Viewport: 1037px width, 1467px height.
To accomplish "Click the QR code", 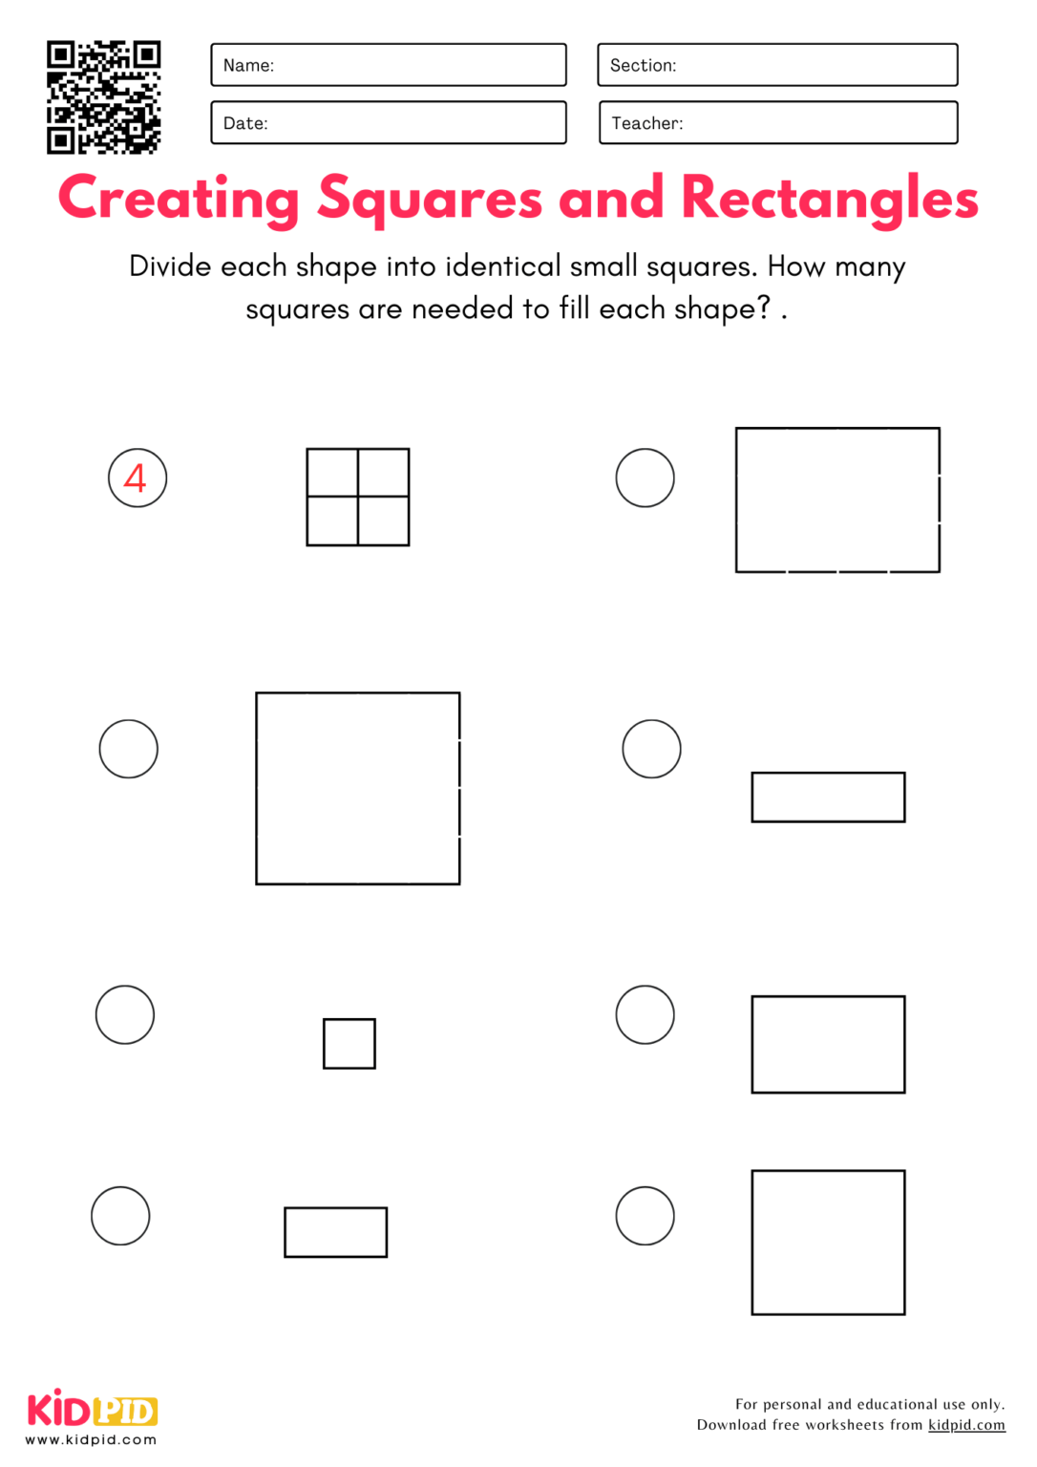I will pos(103,96).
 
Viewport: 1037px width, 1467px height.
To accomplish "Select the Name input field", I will pos(388,65).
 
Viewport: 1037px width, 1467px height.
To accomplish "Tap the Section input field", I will pos(777,65).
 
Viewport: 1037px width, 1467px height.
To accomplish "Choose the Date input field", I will pos(388,122).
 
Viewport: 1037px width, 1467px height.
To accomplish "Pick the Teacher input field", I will pos(777,122).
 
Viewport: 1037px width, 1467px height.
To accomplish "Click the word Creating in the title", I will pos(179,199).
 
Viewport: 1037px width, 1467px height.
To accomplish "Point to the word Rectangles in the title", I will pos(829,199).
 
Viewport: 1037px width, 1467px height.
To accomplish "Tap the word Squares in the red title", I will pos(430,199).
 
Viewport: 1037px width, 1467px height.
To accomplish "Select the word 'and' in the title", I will pos(611,198).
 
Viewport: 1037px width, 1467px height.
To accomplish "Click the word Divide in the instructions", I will pos(170,266).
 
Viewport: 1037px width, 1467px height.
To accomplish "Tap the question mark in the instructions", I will pos(763,308).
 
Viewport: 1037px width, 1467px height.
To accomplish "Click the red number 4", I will pos(136,478).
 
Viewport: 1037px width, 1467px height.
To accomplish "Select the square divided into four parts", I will pos(358,497).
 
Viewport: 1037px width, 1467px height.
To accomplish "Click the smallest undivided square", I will pos(349,1043).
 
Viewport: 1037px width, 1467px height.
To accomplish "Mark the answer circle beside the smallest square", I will pos(125,1014).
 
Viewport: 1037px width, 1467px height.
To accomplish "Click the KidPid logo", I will pos(92,1410).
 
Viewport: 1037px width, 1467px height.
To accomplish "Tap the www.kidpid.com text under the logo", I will pos(91,1439).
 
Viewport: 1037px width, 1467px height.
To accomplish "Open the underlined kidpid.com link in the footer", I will pos(966,1425).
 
